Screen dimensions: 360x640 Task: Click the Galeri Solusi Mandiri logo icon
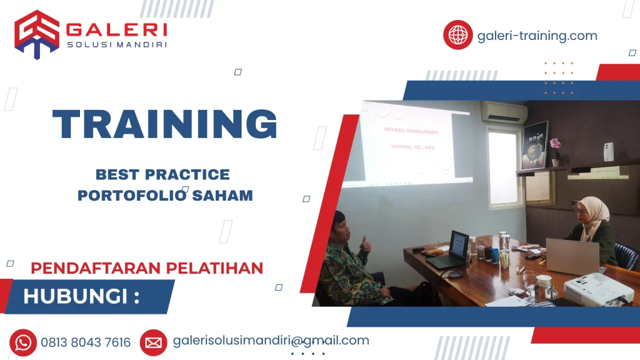tap(37, 34)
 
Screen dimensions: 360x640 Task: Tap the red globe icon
tap(458, 35)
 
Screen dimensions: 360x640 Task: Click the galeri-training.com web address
tap(537, 36)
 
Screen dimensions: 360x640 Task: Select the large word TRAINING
tap(164, 124)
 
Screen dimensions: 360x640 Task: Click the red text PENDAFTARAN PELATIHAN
tap(147, 268)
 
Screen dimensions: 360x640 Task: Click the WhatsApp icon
tap(23, 342)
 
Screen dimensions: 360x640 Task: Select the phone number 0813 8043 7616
tap(86, 342)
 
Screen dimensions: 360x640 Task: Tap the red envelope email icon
tap(153, 342)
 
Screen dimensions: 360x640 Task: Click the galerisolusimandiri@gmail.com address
tap(271, 341)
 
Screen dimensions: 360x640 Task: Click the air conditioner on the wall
tap(504, 112)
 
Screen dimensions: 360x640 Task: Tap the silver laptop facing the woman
tap(572, 256)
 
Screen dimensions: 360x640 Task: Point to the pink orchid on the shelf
tap(555, 145)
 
